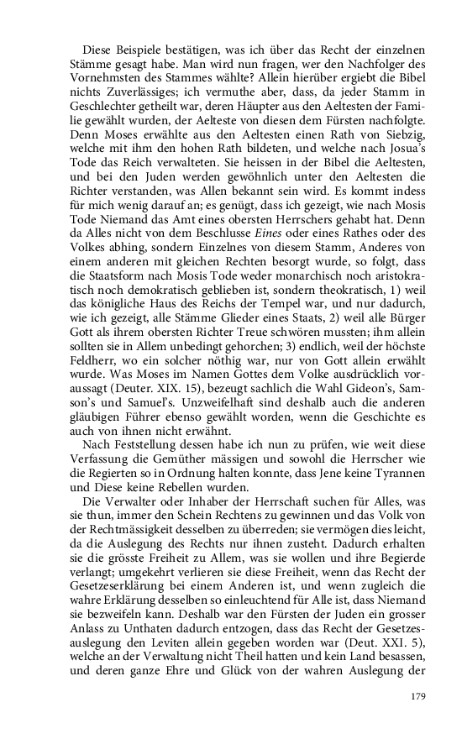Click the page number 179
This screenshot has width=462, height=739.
click(420, 696)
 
